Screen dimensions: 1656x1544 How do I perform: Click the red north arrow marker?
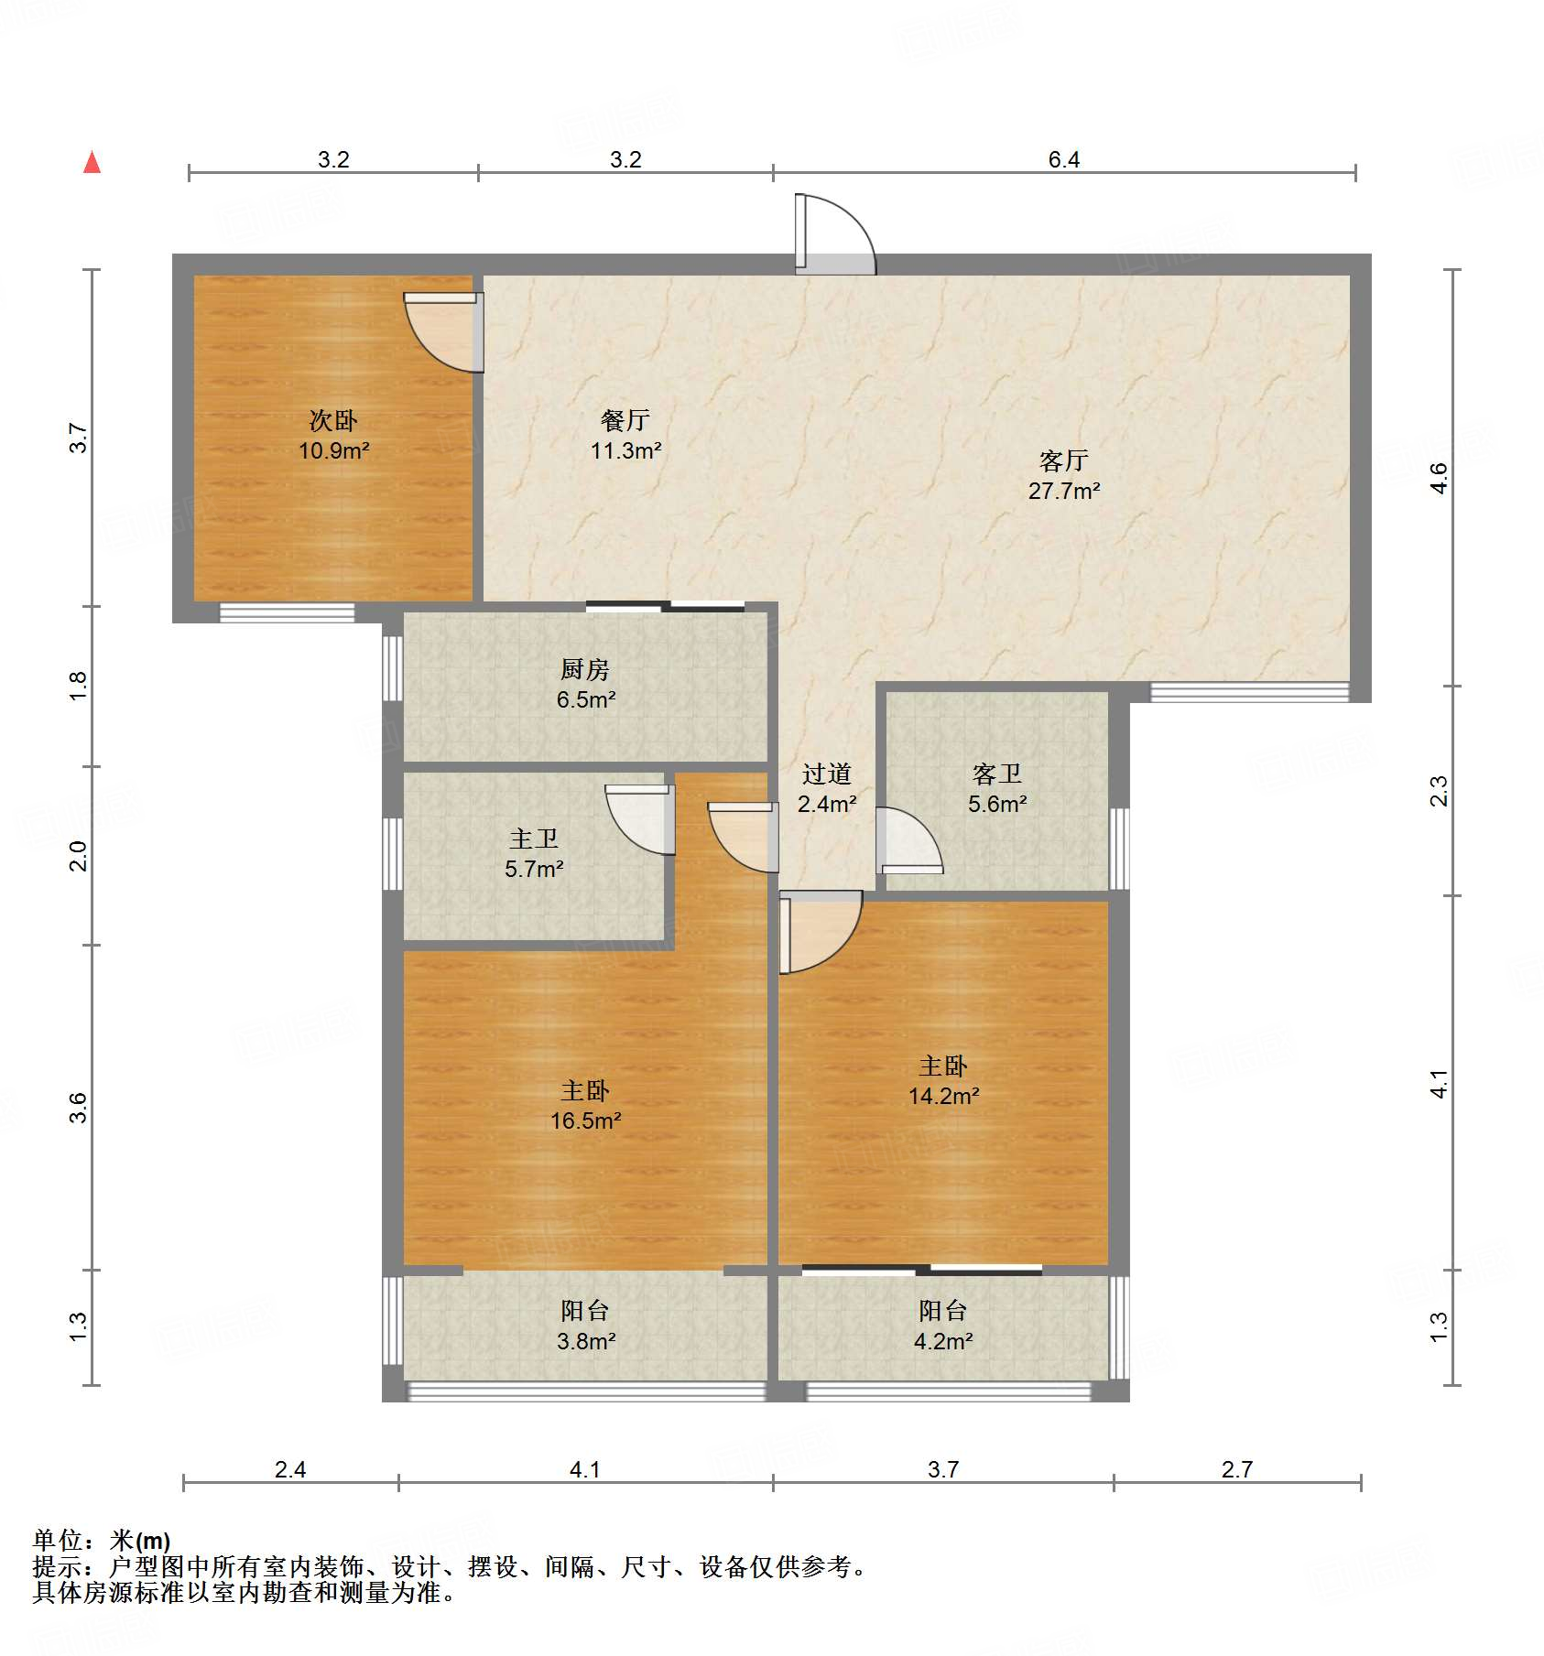click(92, 163)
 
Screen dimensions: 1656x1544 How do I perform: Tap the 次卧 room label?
click(333, 421)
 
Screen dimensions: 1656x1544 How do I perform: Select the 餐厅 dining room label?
click(625, 421)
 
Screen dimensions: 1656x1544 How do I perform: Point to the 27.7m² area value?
click(1063, 492)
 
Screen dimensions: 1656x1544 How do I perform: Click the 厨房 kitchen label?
click(585, 670)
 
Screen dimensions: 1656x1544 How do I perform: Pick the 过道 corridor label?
click(827, 774)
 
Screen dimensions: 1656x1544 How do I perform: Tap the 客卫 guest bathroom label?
click(997, 774)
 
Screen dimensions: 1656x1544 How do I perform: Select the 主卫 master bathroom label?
click(534, 839)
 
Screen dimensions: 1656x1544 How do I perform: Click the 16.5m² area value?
click(585, 1121)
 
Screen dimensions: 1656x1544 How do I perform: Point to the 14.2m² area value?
click(943, 1097)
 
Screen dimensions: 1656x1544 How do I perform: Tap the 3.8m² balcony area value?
click(585, 1342)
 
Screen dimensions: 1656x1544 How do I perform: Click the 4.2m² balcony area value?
click(943, 1342)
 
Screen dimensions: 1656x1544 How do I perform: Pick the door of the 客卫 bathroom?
click(907, 840)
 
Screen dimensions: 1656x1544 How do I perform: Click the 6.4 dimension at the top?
click(1063, 160)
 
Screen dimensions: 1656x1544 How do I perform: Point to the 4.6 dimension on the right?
click(1439, 478)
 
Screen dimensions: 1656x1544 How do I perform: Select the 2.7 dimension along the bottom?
click(1236, 1470)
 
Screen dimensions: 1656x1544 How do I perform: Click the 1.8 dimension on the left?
click(79, 687)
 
